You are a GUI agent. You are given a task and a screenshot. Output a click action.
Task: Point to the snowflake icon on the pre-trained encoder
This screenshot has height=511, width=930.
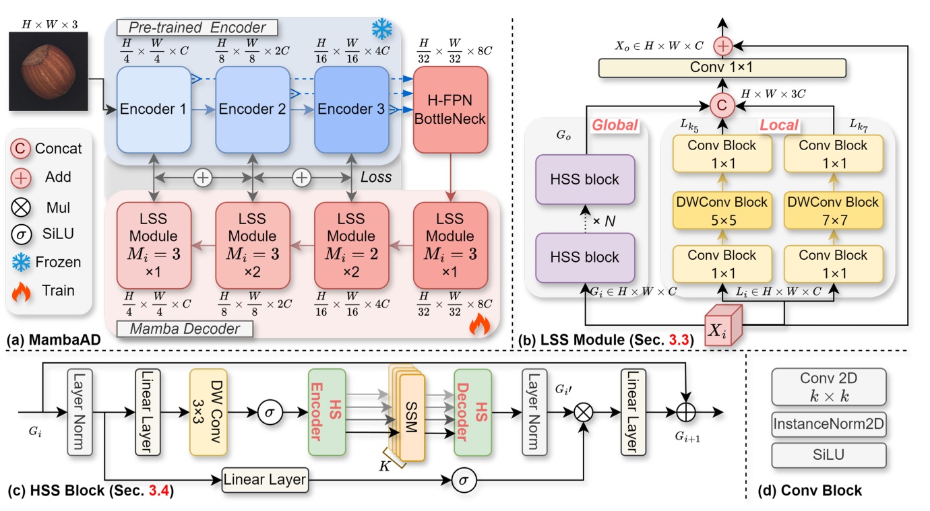[x=383, y=29]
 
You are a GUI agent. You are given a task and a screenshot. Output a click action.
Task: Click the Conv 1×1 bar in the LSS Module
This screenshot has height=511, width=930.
[x=722, y=68]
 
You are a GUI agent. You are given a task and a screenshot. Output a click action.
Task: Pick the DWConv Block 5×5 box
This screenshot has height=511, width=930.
[x=722, y=211]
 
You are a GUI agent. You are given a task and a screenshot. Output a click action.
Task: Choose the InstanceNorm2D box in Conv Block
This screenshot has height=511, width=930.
[x=829, y=424]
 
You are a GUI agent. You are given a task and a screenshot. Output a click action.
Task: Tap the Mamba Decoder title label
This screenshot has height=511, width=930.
[x=185, y=329]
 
